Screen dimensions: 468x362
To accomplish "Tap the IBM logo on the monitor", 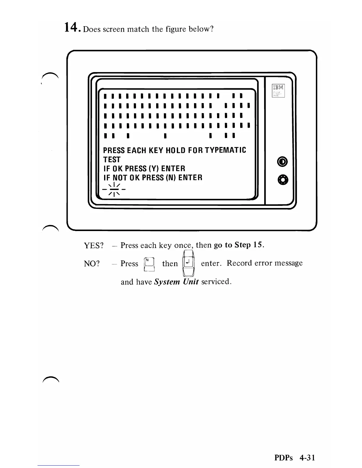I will [278, 87].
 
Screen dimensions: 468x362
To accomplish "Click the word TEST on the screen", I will [112, 160].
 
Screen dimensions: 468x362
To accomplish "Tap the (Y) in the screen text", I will [154, 169].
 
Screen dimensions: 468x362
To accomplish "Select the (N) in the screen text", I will [171, 178].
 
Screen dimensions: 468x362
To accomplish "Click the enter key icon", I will [188, 263].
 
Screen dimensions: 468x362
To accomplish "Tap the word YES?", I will [94, 246].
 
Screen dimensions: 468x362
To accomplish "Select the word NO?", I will [92, 264].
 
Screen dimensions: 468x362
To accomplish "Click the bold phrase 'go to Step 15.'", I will [239, 245].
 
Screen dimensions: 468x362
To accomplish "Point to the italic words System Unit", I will [176, 282].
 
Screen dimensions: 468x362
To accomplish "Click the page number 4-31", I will [307, 458].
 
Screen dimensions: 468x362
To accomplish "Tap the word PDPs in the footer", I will [283, 458].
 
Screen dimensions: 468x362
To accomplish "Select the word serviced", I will [216, 282].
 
